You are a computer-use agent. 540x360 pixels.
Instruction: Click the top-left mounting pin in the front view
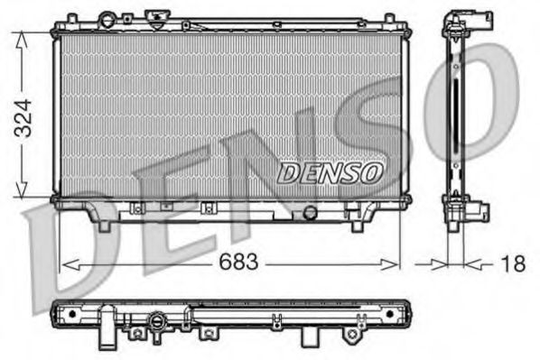point(67,17)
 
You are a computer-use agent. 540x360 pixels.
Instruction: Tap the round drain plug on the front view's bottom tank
point(311,213)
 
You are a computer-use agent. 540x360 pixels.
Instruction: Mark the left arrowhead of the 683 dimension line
point(66,263)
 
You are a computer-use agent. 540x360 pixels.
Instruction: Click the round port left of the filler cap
point(108,19)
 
